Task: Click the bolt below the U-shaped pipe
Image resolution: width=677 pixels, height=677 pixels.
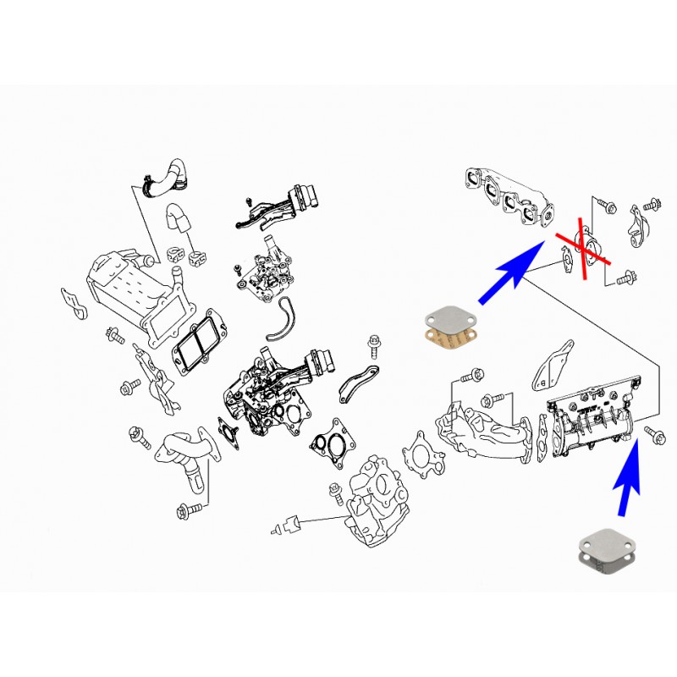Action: (189, 511)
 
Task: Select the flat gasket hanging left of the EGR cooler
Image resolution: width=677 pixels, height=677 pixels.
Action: (74, 304)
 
